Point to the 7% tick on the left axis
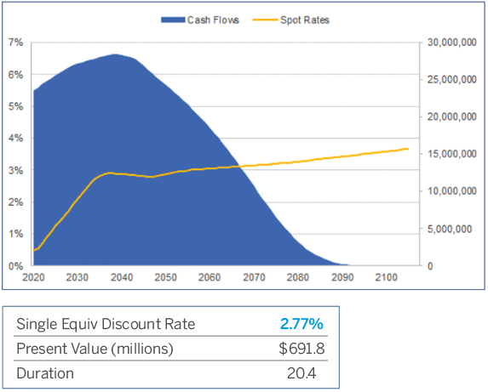16,43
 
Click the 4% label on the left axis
16,138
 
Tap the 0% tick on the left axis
16,265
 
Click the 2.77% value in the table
301,324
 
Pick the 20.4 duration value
310,373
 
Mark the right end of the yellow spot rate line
408,149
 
